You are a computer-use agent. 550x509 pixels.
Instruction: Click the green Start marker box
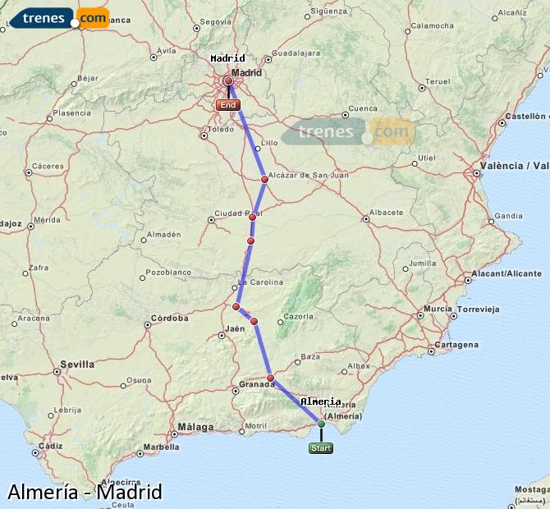coord(321,448)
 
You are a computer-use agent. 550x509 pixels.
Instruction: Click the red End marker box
coord(227,105)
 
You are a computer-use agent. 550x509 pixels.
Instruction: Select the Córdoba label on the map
coord(170,318)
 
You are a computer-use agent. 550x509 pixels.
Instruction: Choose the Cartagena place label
coord(456,345)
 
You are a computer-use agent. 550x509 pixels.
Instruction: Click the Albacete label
coord(386,212)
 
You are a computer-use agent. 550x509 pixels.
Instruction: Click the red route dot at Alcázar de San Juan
coord(264,179)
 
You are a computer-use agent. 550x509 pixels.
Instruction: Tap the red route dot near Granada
coord(270,378)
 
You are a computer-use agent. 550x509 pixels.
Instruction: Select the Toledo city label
coord(221,130)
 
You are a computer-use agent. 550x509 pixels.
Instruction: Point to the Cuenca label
coord(363,108)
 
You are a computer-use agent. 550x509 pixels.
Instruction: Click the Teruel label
coord(439,81)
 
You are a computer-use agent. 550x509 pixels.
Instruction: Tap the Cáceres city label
coord(48,166)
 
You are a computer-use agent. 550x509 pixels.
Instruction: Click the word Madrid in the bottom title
coord(129,492)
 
